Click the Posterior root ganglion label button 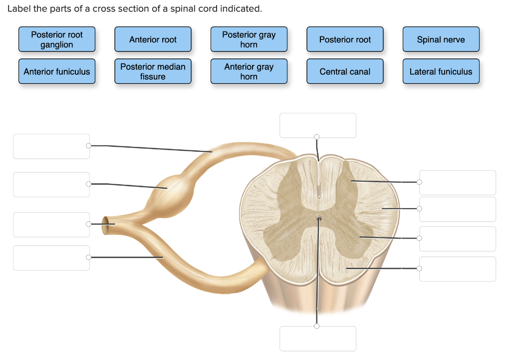pos(57,39)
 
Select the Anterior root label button pos(153,39)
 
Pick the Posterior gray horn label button pos(249,39)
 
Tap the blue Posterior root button pos(345,39)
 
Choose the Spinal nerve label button pos(441,39)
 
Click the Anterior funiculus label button pos(57,71)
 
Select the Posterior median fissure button pos(153,71)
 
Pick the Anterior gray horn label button pos(249,71)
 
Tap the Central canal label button pos(345,71)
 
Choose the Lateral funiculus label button pos(441,71)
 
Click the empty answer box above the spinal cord pos(318,125)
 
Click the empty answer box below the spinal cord pos(318,339)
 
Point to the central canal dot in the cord pos(318,218)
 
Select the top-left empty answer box pos(51,146)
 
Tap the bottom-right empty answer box pos(458,269)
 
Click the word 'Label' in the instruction pos(19,9)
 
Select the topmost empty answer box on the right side pos(458,183)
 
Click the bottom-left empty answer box pos(51,258)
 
